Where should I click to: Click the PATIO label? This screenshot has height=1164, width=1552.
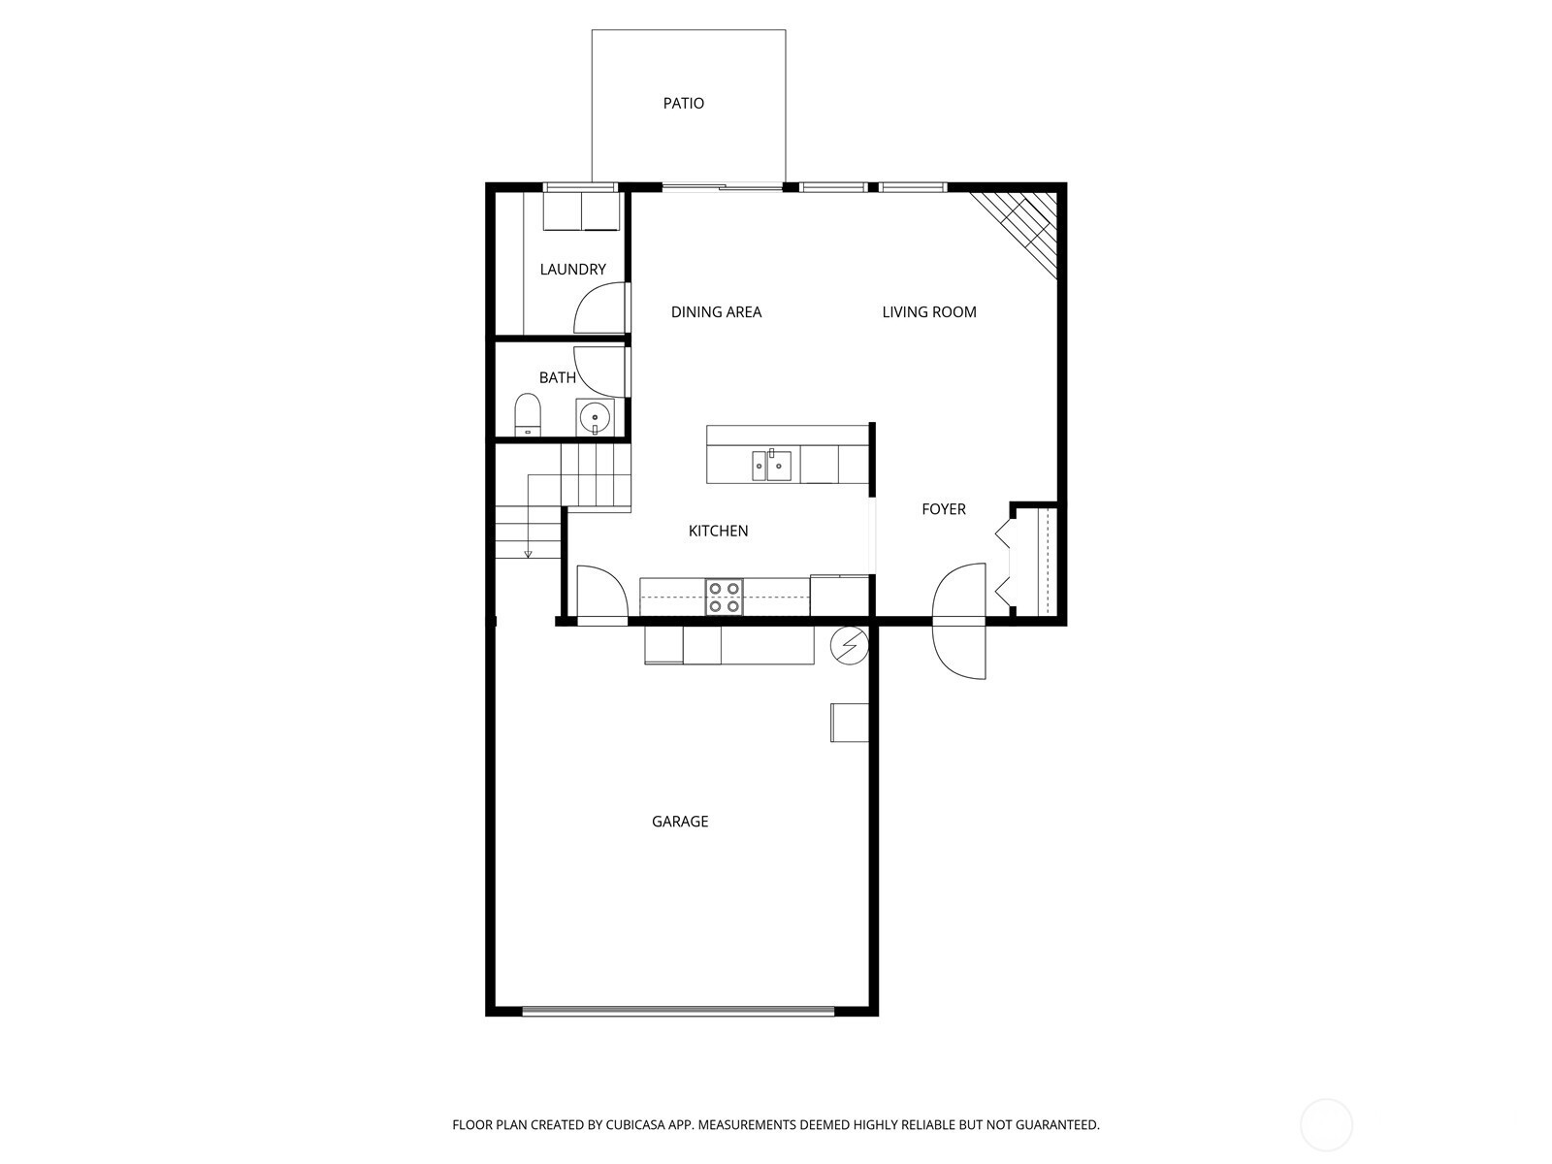[x=683, y=103]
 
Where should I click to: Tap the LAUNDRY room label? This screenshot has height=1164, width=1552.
[x=572, y=270]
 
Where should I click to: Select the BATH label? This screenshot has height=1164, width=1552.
[x=557, y=377]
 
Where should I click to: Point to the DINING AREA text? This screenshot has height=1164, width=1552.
[x=716, y=311]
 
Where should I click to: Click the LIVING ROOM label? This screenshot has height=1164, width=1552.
[x=929, y=311]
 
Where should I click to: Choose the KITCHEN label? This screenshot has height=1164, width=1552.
[x=719, y=531]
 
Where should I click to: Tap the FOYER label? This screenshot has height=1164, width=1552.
[x=944, y=509]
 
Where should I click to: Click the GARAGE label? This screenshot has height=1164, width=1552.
[x=680, y=822]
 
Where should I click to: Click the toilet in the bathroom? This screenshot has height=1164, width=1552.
[x=528, y=414]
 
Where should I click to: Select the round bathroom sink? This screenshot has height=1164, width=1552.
[x=595, y=417]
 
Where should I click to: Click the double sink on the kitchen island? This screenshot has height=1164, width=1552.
[x=771, y=466]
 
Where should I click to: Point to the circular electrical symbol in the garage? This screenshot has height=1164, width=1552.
[x=849, y=645]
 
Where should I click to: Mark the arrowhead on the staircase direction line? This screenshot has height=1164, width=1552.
[x=528, y=554]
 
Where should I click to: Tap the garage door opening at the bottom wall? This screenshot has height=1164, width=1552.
[x=679, y=1012]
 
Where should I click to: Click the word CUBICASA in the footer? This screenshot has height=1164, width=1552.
[x=635, y=1124]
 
